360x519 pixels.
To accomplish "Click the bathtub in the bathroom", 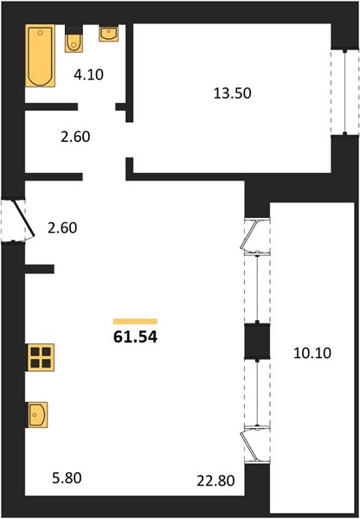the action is [x=40, y=55].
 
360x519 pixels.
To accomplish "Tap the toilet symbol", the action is [x=74, y=43].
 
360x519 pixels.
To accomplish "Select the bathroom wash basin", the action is [x=109, y=34].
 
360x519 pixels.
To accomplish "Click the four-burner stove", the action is [x=41, y=357].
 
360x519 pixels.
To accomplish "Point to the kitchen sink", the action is [x=36, y=415].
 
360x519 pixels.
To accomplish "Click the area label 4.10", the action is [x=88, y=74].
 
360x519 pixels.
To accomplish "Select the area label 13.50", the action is [x=233, y=93].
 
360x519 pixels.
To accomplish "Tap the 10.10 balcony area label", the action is [x=312, y=353].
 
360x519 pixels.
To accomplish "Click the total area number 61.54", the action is [x=135, y=337].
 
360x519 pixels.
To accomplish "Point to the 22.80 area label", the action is [x=215, y=481].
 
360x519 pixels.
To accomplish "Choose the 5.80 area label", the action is [x=67, y=478].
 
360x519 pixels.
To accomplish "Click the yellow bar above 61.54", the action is [x=135, y=322].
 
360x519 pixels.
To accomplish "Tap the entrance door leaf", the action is [x=23, y=219].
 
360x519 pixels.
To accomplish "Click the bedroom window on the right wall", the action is [x=344, y=92].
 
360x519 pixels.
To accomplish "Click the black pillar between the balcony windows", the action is [x=257, y=342].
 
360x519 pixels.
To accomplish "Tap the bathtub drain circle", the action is [x=40, y=33].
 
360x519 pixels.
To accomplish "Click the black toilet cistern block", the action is [x=74, y=29].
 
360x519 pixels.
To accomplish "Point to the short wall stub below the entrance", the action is [x=40, y=269].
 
